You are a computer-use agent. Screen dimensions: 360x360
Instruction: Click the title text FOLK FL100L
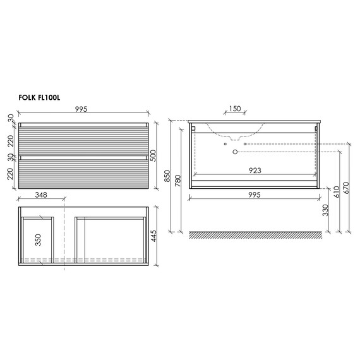[x=39, y=97]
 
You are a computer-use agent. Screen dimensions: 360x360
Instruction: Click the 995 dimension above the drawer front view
[x=81, y=109]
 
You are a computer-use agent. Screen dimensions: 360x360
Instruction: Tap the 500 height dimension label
[x=153, y=155]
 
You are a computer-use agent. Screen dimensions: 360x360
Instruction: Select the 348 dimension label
[x=41, y=195]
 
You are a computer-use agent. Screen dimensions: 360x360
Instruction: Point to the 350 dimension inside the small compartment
[x=38, y=240]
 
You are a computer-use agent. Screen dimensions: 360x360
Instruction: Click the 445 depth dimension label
[x=153, y=236]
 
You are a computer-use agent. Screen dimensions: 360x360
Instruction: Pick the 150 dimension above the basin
[x=235, y=109]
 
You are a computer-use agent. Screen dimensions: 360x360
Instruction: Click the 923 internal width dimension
[x=255, y=171]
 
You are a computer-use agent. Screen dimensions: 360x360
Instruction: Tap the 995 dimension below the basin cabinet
[x=255, y=195]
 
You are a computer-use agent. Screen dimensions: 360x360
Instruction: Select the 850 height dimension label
[x=167, y=176]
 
